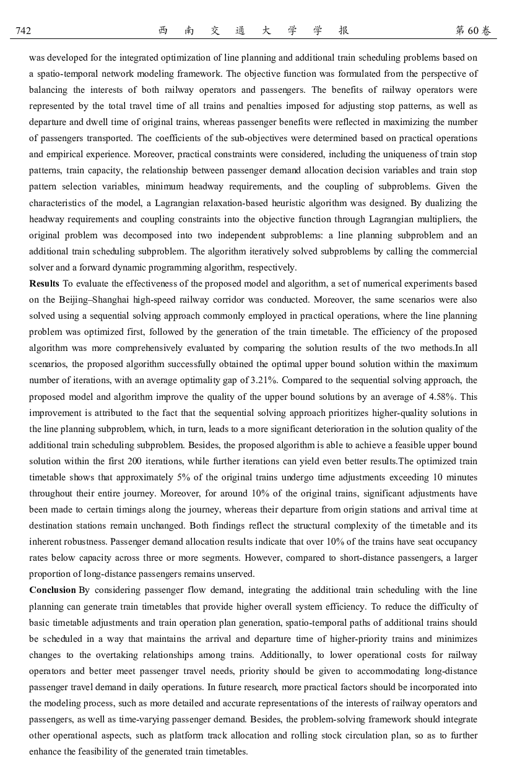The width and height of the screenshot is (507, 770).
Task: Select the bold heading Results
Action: tap(44, 283)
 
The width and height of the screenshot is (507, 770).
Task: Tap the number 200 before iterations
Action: tap(136, 461)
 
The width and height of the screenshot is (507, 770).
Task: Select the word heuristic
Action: tap(338, 203)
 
